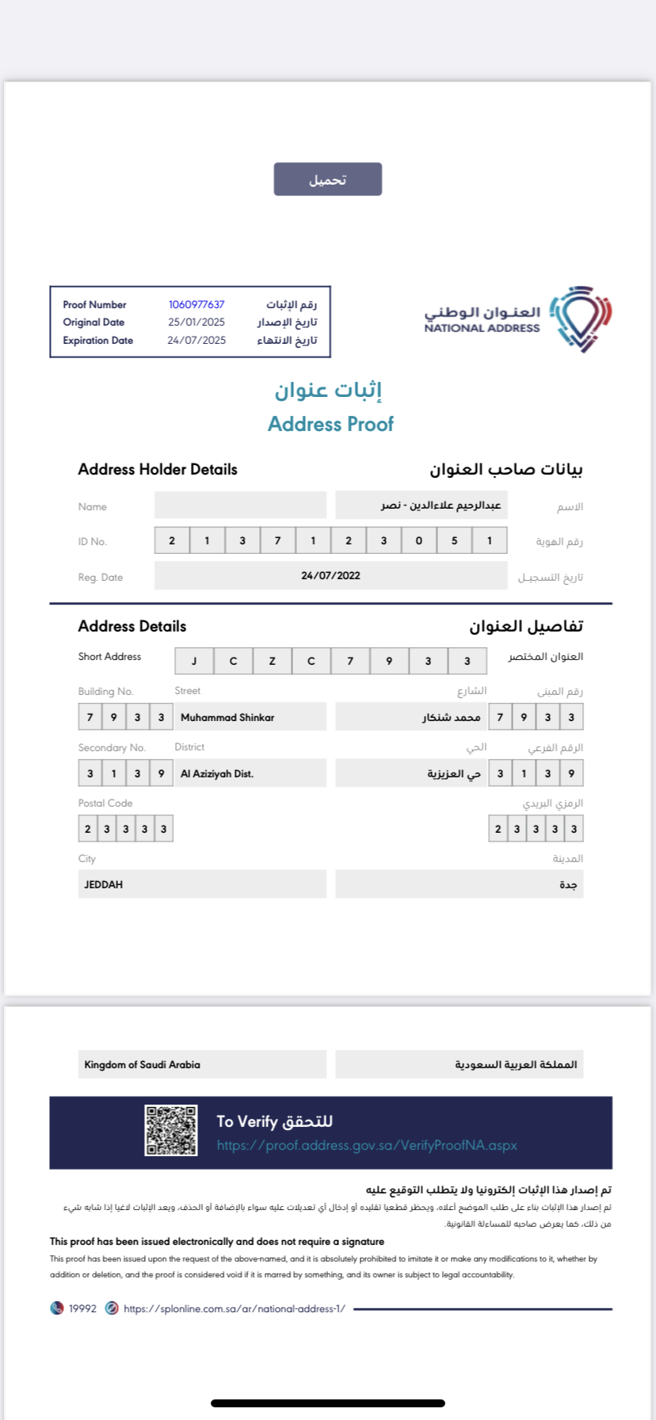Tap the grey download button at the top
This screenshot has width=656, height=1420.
click(x=328, y=179)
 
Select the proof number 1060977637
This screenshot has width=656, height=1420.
click(x=196, y=304)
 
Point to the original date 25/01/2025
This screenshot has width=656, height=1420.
click(x=196, y=323)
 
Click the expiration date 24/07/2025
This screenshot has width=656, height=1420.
click(x=196, y=341)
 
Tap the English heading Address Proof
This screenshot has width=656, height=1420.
click(x=330, y=424)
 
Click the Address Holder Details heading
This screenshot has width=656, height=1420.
click(x=158, y=469)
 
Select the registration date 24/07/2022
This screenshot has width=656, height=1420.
click(x=330, y=576)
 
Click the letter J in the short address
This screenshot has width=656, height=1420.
click(x=194, y=661)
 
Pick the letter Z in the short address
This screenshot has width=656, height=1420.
click(x=272, y=661)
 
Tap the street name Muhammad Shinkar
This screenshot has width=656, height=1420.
click(x=227, y=717)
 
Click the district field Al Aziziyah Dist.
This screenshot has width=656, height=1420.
click(x=217, y=773)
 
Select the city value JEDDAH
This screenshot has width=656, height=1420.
click(x=104, y=884)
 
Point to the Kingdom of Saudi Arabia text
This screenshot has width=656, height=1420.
click(x=143, y=1064)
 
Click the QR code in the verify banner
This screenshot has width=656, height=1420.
click(x=171, y=1131)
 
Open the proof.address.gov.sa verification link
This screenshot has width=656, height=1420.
click(x=367, y=1146)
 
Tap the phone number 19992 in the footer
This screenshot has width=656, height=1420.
click(x=82, y=1308)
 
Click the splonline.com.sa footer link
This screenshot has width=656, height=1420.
click(x=235, y=1308)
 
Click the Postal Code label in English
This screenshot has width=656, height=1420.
click(x=105, y=803)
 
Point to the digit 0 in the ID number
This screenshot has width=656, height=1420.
click(x=419, y=540)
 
